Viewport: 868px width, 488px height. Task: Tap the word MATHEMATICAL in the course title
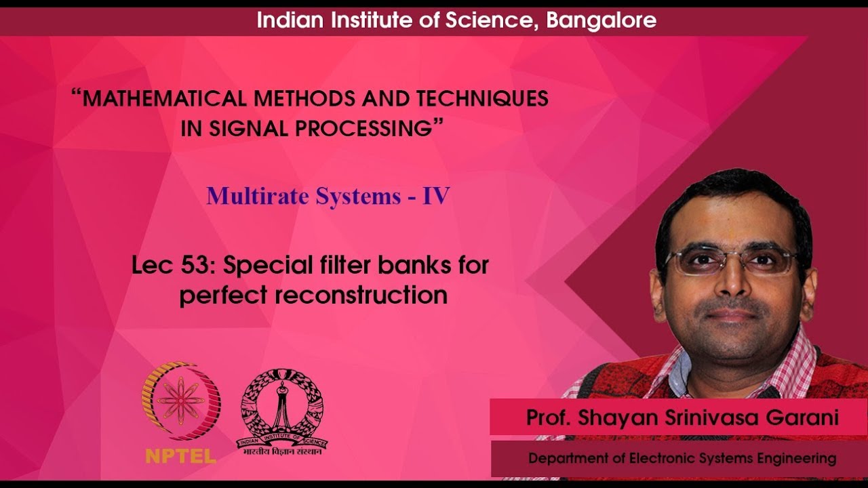163,99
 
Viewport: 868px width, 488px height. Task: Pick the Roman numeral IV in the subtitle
436,197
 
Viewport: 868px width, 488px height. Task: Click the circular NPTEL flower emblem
180,400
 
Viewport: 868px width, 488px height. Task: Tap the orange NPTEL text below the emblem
180,455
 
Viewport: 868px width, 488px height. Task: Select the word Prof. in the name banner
549,418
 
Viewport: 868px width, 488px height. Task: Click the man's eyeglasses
732,262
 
